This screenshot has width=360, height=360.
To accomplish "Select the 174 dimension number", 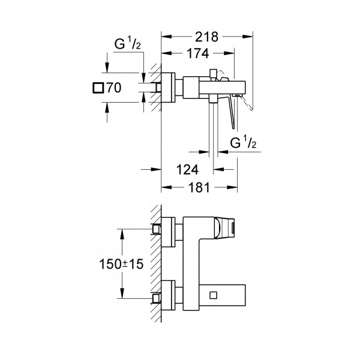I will (x=196, y=53).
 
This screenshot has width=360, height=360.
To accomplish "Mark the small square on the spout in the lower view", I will (x=214, y=295).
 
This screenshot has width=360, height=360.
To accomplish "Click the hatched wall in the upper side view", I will (x=155, y=87).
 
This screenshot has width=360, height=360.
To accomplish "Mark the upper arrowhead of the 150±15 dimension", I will (x=122, y=231).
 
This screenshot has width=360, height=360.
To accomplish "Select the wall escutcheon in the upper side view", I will (x=170, y=87).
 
